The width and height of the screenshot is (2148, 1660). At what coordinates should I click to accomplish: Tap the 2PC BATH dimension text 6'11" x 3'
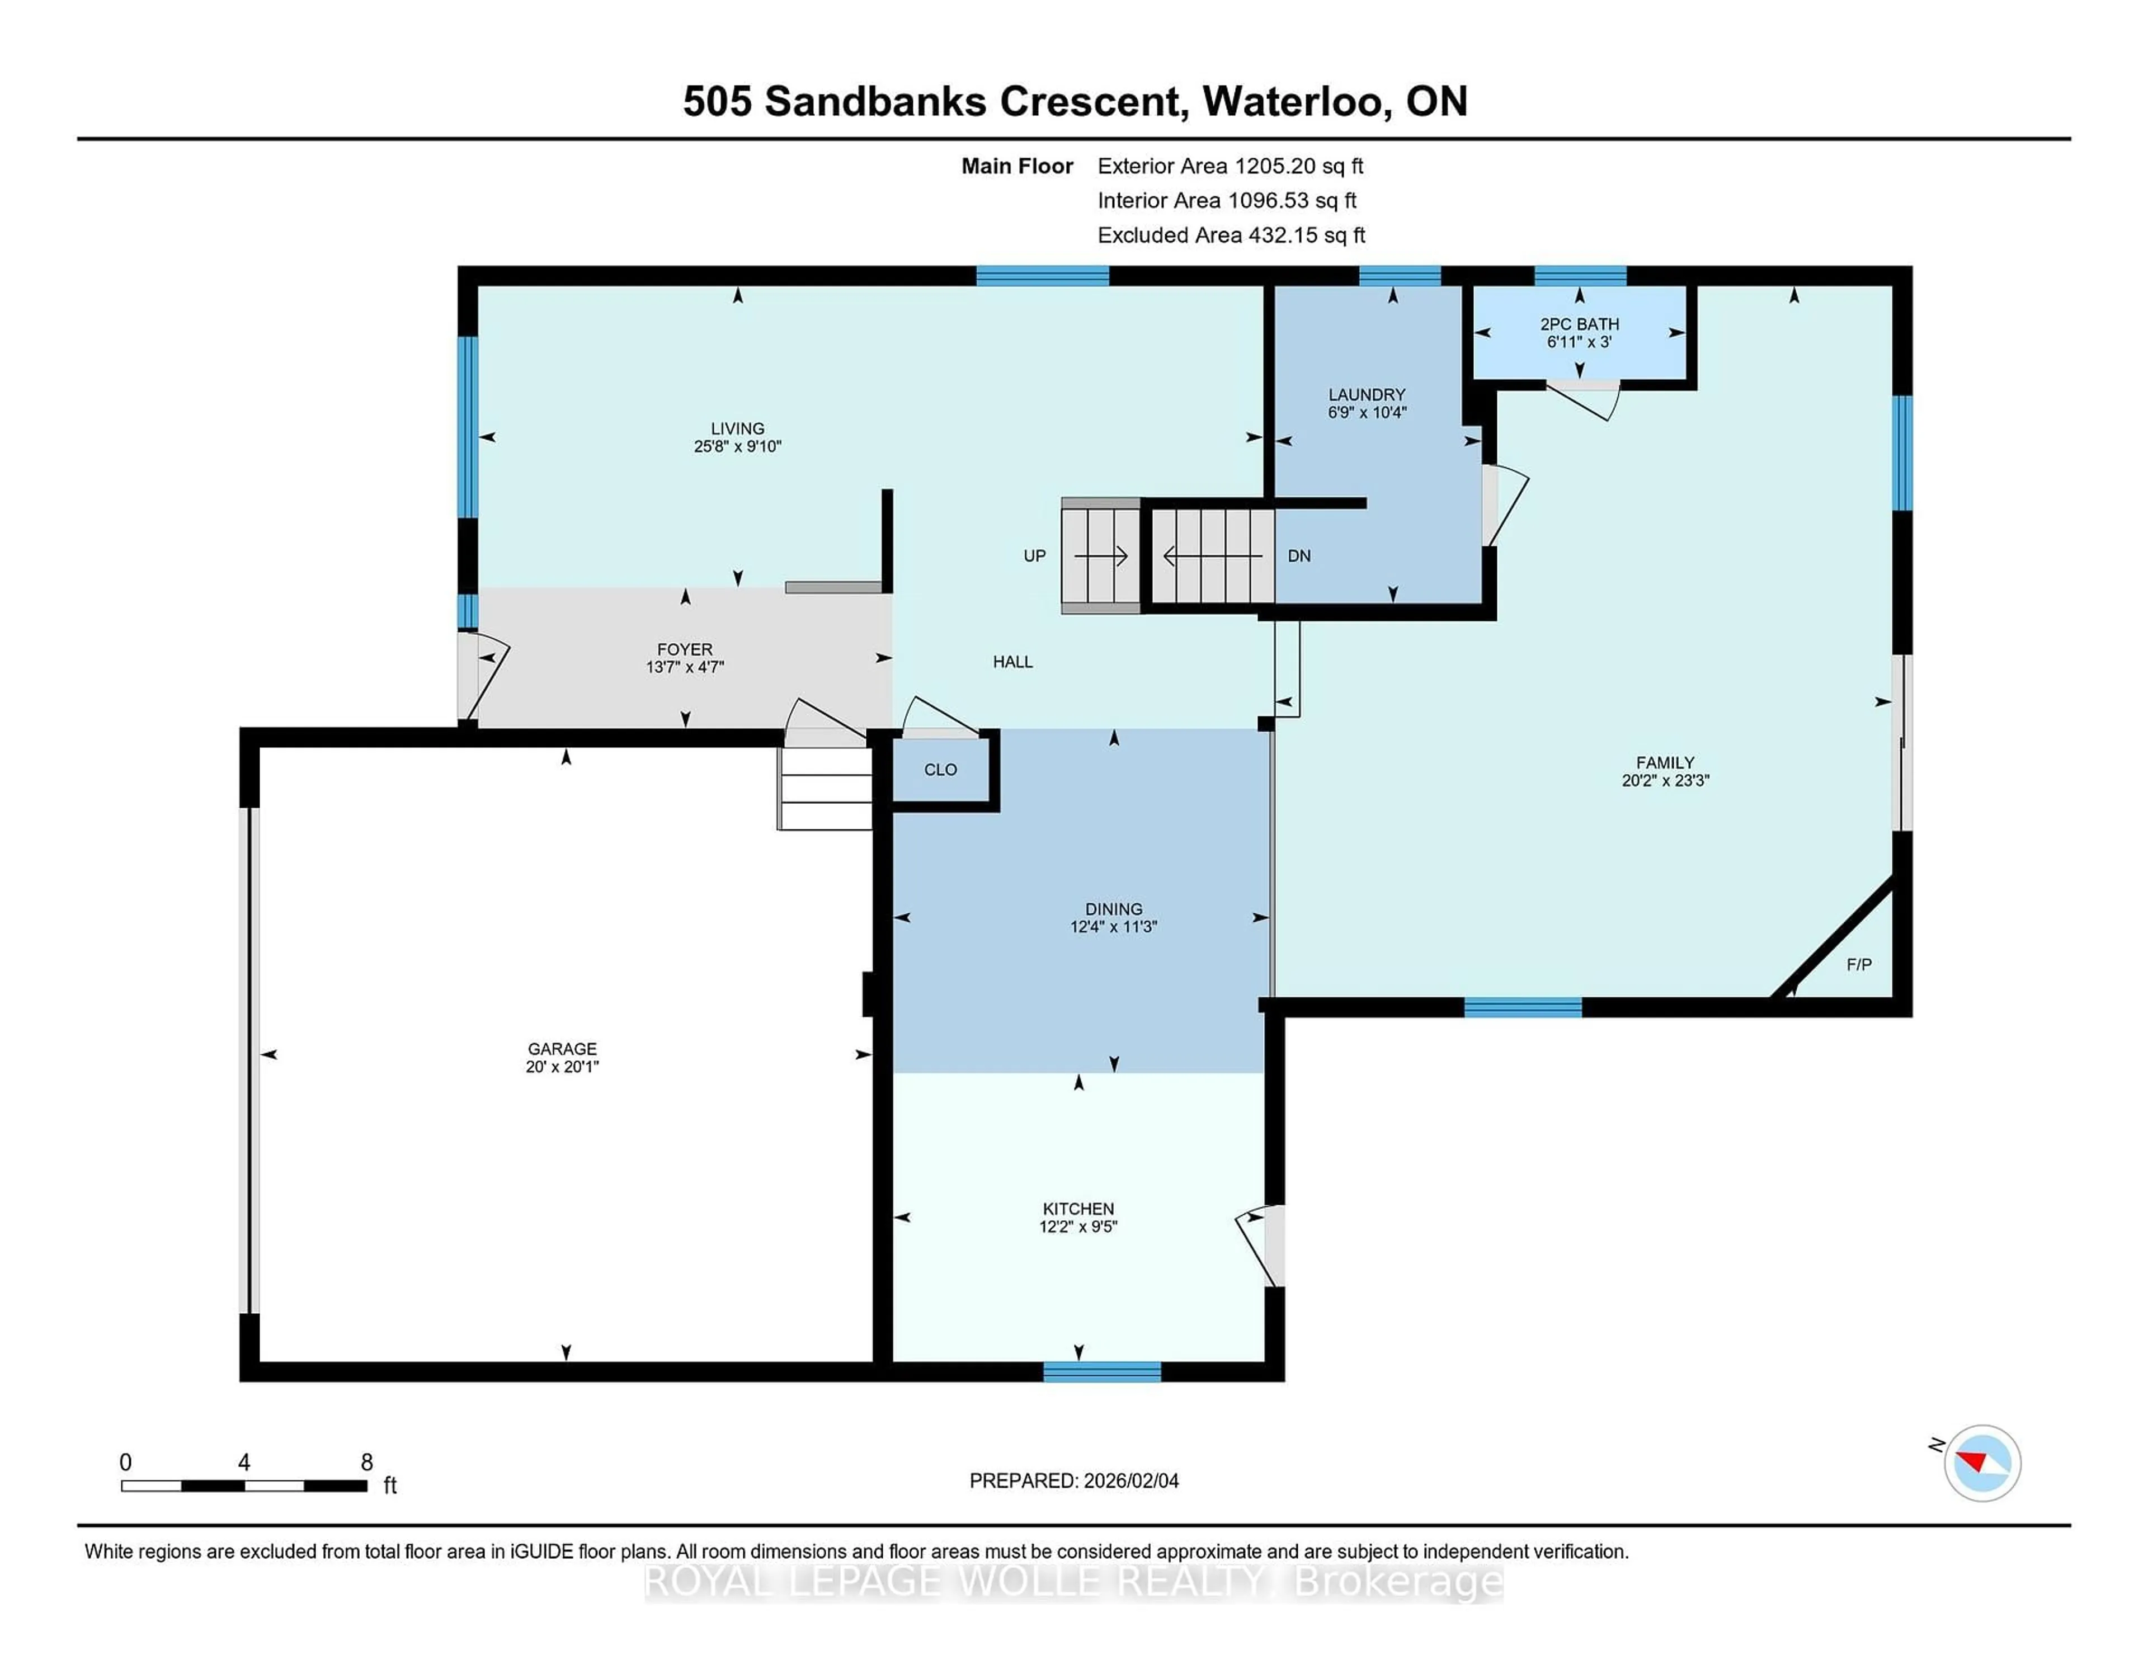(1579, 342)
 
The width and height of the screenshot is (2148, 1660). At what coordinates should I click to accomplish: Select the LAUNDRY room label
(1366, 394)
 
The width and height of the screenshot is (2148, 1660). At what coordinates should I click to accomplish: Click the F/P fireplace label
(1858, 965)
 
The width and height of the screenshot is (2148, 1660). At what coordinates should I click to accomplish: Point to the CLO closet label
(940, 770)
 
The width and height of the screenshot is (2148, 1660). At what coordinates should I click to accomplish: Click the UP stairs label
(1034, 555)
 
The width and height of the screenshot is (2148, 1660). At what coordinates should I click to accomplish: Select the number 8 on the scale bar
(367, 1463)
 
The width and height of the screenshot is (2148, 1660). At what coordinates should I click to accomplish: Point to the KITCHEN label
(1078, 1209)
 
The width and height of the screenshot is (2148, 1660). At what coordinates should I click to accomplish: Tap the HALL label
(1012, 662)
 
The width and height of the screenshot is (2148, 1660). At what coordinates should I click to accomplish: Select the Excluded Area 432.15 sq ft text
(1231, 235)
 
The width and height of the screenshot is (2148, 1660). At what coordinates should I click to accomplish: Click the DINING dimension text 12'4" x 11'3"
(1113, 926)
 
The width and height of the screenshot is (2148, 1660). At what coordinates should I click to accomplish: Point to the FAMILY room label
(1664, 762)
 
